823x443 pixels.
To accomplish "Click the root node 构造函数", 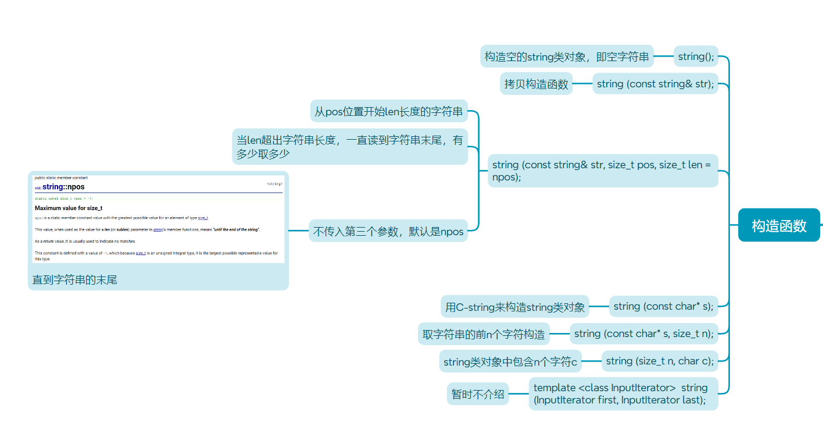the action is [x=779, y=225].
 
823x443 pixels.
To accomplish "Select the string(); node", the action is [x=696, y=57].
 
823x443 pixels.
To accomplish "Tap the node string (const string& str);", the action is [x=655, y=84].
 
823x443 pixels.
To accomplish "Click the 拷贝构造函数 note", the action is [x=536, y=84].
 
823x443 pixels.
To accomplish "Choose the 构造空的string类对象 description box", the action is [x=567, y=57].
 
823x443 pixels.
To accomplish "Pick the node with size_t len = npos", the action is [x=603, y=171].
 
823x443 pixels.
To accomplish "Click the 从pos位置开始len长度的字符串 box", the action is [x=389, y=111].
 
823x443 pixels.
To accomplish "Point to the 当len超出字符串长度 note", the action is [x=349, y=147].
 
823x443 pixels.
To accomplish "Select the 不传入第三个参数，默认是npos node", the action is [x=388, y=231].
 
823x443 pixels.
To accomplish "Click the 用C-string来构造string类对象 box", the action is [x=515, y=307].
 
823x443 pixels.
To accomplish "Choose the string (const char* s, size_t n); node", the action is [x=643, y=334].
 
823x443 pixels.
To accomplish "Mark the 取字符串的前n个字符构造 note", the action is [x=484, y=334].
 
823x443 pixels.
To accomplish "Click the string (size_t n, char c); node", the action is [x=660, y=361].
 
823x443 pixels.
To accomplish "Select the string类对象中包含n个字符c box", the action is [x=510, y=362].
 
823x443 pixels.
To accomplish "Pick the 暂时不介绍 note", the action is [x=478, y=394].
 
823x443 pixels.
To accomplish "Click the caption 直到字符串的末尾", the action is [x=75, y=280].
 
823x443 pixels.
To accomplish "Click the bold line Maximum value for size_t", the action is [x=69, y=208].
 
